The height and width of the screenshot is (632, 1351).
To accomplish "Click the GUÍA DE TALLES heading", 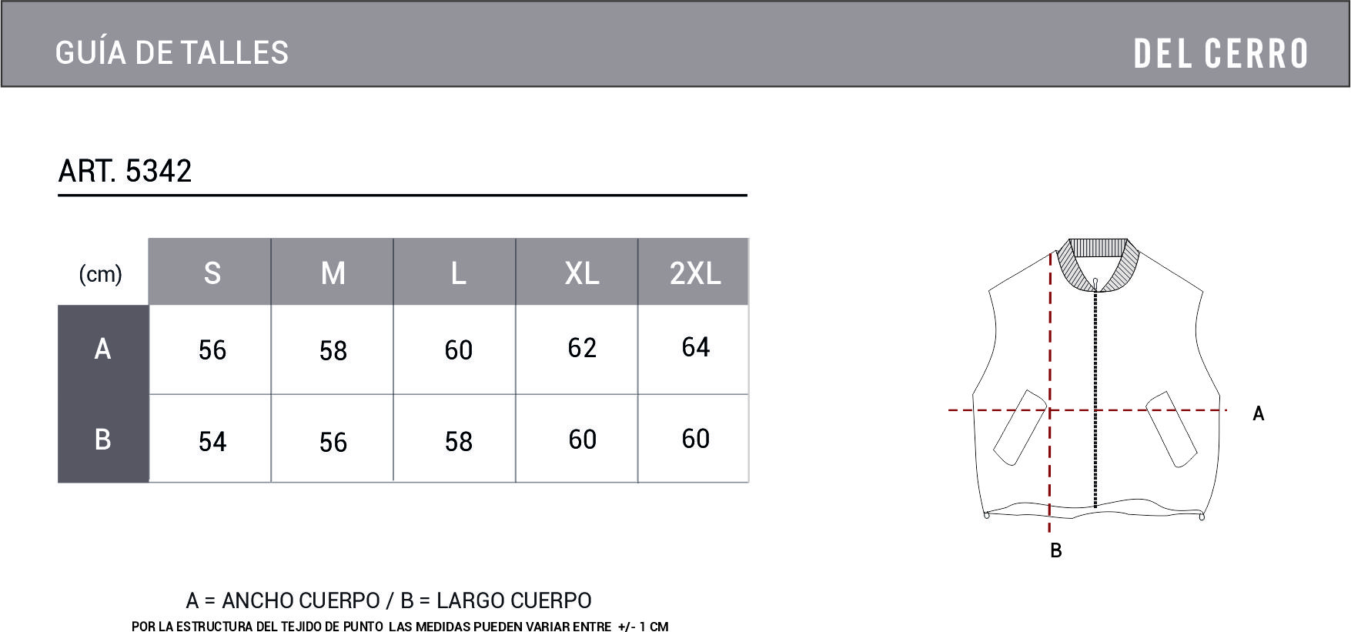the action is tap(172, 53).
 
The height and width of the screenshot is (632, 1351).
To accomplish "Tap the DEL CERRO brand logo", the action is tap(1221, 54).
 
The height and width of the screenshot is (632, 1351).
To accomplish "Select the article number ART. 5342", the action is tap(125, 171).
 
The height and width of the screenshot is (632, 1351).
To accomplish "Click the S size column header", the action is tap(212, 273).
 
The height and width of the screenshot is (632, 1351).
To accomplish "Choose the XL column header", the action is tap(582, 273).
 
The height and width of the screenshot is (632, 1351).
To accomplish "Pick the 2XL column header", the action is tap(695, 273).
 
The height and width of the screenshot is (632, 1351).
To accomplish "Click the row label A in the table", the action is tap(102, 349).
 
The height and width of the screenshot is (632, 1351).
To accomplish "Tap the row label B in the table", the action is tap(102, 440).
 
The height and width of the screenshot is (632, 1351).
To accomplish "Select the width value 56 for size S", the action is tap(212, 350).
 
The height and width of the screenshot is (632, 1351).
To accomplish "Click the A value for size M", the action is tap(333, 351).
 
